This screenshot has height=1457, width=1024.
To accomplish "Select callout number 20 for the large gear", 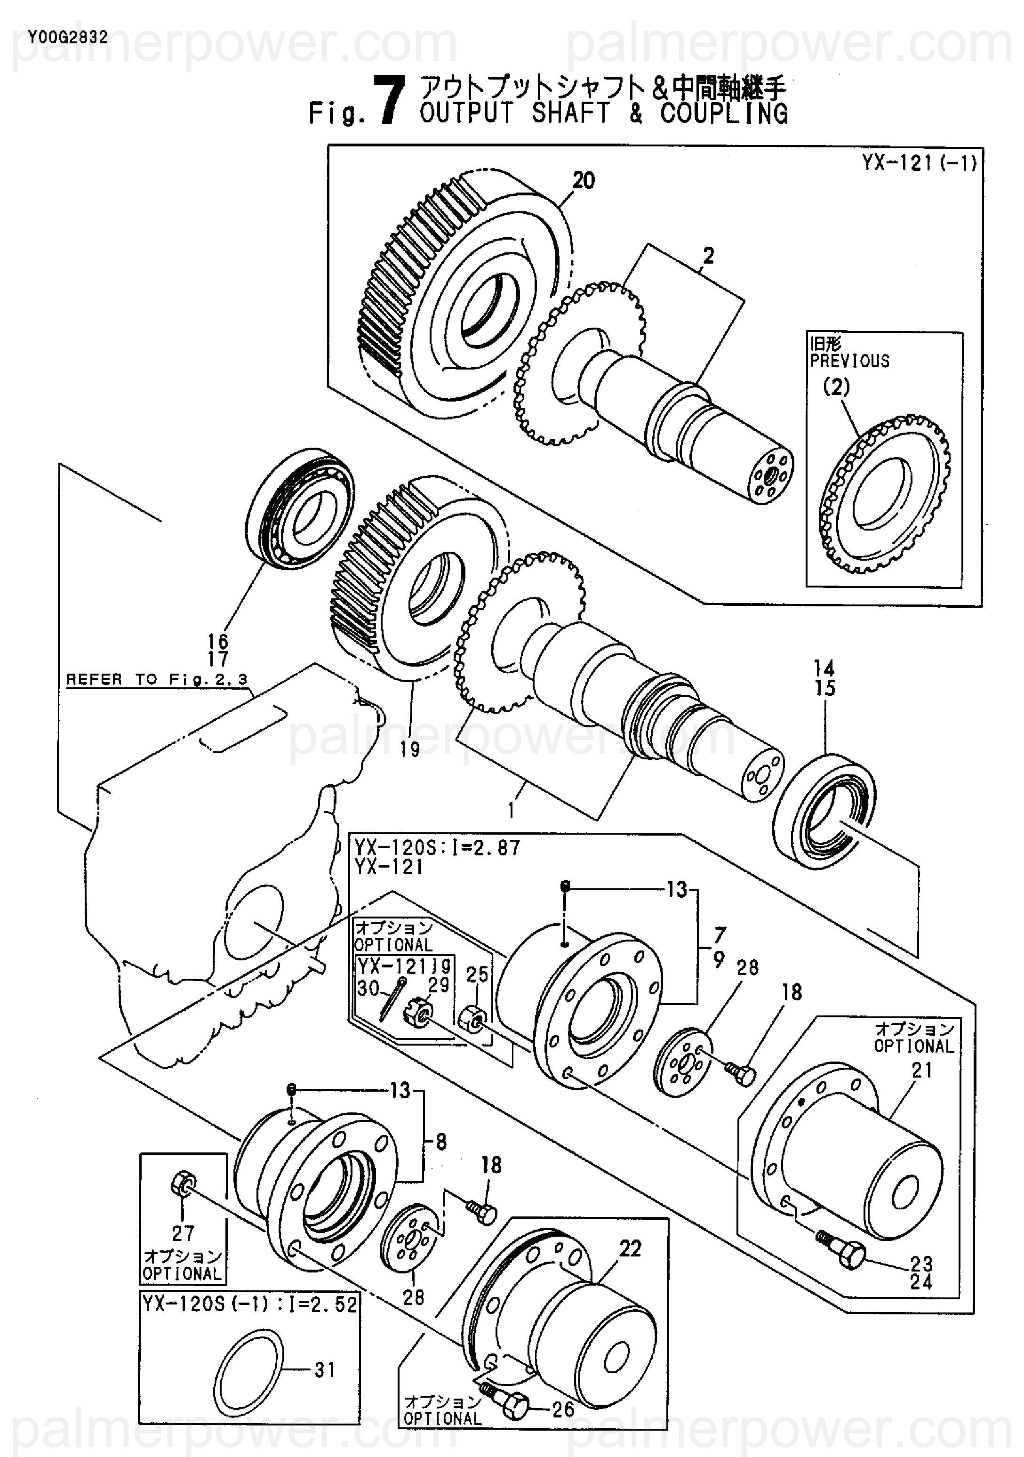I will click(584, 181).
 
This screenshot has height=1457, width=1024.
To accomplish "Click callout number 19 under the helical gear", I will click(410, 749).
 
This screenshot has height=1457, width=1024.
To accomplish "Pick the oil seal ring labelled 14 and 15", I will click(824, 811).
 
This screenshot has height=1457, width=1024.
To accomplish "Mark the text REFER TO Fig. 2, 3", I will click(157, 680).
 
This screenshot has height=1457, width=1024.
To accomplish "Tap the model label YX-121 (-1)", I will click(918, 162).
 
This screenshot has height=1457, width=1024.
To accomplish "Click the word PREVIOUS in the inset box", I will click(849, 361).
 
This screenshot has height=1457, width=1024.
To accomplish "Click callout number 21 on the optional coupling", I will click(921, 1071).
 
